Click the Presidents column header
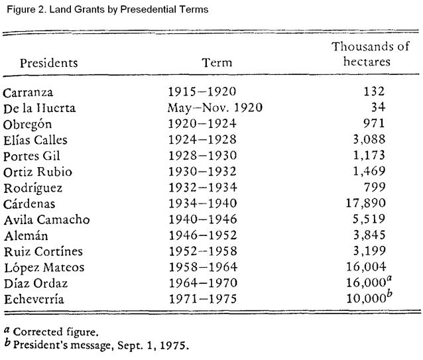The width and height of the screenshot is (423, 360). pyautogui.click(x=49, y=63)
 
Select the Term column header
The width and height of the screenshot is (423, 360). pyautogui.click(x=217, y=62)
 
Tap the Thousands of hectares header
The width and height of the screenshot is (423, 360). pyautogui.click(x=371, y=54)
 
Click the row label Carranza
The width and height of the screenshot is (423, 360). pyautogui.click(x=28, y=93)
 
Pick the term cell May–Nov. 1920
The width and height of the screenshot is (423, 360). pyautogui.click(x=215, y=107)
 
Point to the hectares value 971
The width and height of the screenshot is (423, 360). pyautogui.click(x=374, y=123)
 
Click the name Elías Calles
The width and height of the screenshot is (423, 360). pyautogui.click(x=35, y=141)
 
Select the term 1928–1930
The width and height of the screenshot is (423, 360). pyautogui.click(x=203, y=155)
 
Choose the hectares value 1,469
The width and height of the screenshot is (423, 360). pyautogui.click(x=369, y=171)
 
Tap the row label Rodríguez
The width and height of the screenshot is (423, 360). pyautogui.click(x=33, y=188)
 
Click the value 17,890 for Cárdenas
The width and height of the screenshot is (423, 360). pyautogui.click(x=366, y=203)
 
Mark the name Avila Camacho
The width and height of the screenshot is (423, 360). pyautogui.click(x=46, y=219)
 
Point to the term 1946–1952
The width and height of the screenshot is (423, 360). pyautogui.click(x=203, y=235)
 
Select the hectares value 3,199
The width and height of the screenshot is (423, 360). pyautogui.click(x=369, y=251)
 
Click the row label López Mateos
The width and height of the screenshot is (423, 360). pyautogui.click(x=44, y=267)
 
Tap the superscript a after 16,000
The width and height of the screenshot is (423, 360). pyautogui.click(x=389, y=278)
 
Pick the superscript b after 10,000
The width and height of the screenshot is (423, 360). pyautogui.click(x=389, y=293)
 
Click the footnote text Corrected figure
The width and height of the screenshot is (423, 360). pyautogui.click(x=56, y=331)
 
